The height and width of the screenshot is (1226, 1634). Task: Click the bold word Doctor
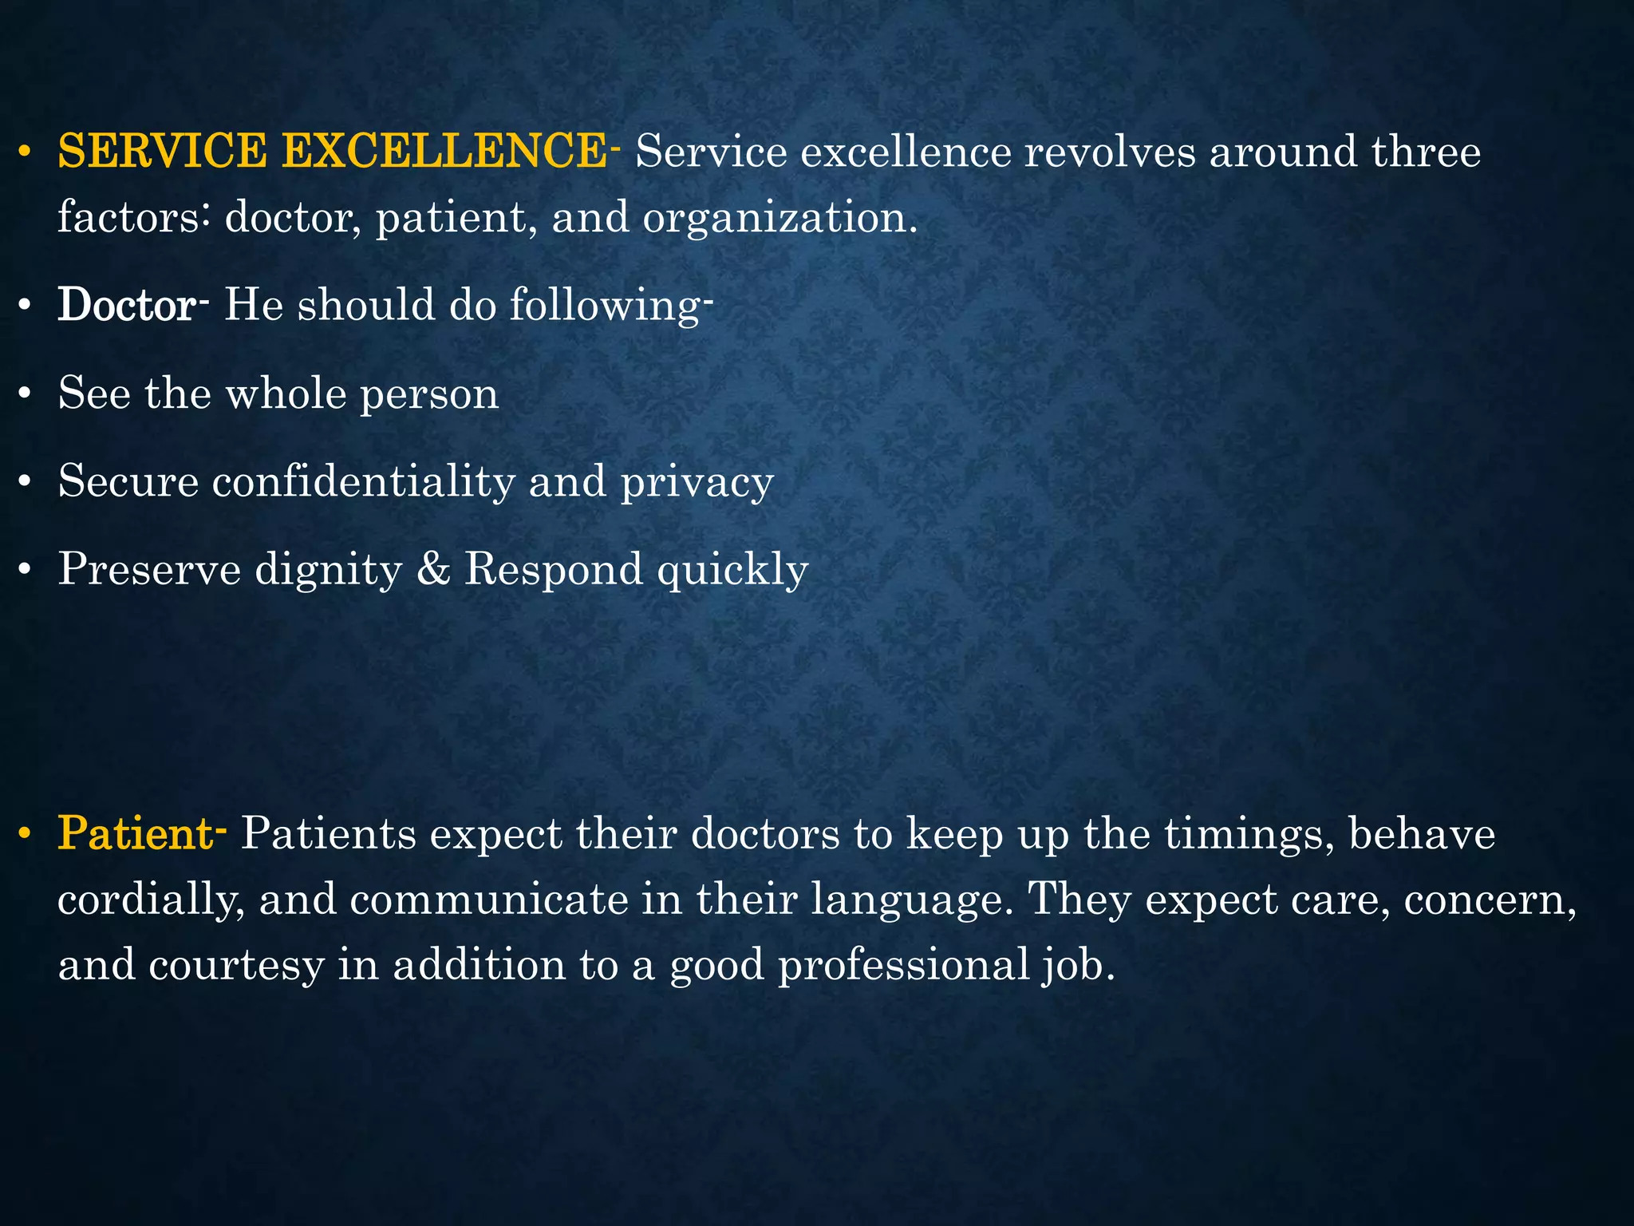click(126, 305)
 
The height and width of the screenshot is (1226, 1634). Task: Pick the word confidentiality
click(364, 481)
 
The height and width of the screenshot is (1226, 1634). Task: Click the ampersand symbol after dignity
click(433, 569)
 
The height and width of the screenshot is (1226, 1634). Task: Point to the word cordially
click(151, 900)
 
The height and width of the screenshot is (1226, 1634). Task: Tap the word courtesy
click(235, 966)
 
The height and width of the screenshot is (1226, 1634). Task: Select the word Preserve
click(149, 569)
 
